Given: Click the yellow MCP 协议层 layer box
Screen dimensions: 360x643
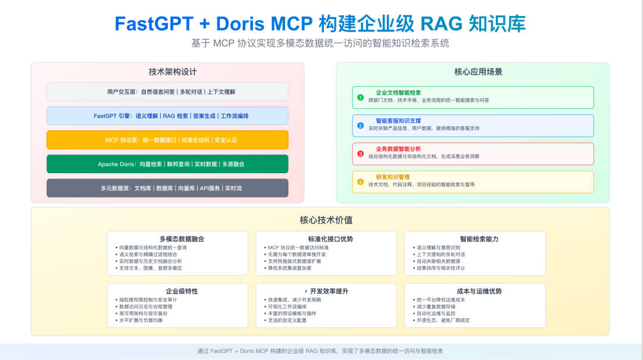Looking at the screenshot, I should click(167, 140).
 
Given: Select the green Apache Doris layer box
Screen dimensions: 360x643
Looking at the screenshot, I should click(167, 164).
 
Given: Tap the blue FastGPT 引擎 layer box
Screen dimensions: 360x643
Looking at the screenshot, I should click(167, 115).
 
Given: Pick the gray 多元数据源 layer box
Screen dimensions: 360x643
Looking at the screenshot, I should click(167, 188).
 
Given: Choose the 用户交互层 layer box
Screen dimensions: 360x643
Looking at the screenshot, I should click(167, 92).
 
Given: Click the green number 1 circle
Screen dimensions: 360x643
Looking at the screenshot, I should click(360, 97).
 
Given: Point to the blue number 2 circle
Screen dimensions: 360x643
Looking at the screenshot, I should click(360, 125).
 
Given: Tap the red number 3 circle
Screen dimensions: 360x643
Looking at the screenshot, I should click(360, 153).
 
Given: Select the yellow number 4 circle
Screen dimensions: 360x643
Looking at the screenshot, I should click(360, 181).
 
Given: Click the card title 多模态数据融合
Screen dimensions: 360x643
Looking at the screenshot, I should click(182, 239).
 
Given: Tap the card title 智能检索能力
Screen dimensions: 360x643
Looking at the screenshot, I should click(479, 239).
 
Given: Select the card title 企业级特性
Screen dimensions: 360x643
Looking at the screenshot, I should click(182, 291).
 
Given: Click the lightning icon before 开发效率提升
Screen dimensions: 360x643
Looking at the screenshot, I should click(306, 291).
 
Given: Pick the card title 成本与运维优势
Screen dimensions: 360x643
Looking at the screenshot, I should click(479, 291).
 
